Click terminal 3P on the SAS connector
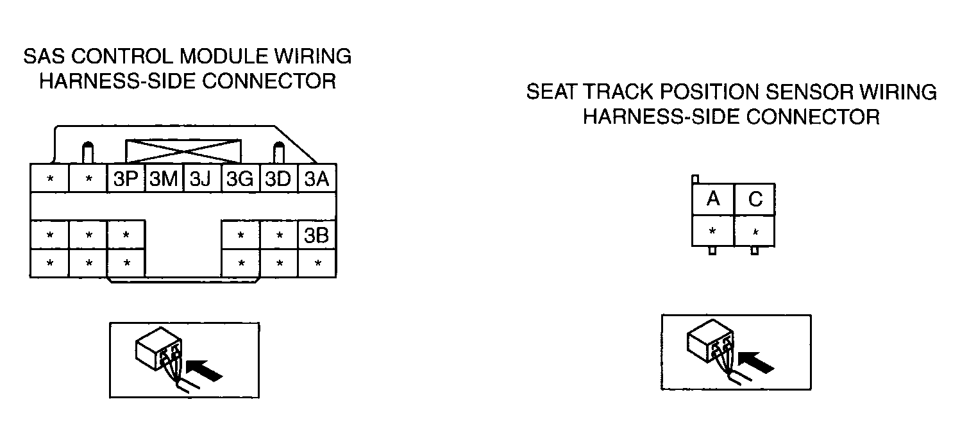[126, 178]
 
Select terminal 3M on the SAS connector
[164, 178]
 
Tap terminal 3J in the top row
[202, 178]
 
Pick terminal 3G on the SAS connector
[240, 178]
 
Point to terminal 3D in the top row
[278, 178]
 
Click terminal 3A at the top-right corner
[317, 178]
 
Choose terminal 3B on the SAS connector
[317, 235]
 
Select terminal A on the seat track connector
[713, 199]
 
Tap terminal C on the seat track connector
[755, 199]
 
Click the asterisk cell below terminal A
[713, 231]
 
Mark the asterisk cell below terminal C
[755, 231]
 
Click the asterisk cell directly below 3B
[317, 263]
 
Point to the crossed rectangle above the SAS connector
[183, 151]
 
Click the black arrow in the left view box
[205, 370]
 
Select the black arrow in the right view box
[757, 362]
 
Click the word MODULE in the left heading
[224, 56]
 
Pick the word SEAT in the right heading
[552, 92]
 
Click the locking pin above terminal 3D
[278, 153]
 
